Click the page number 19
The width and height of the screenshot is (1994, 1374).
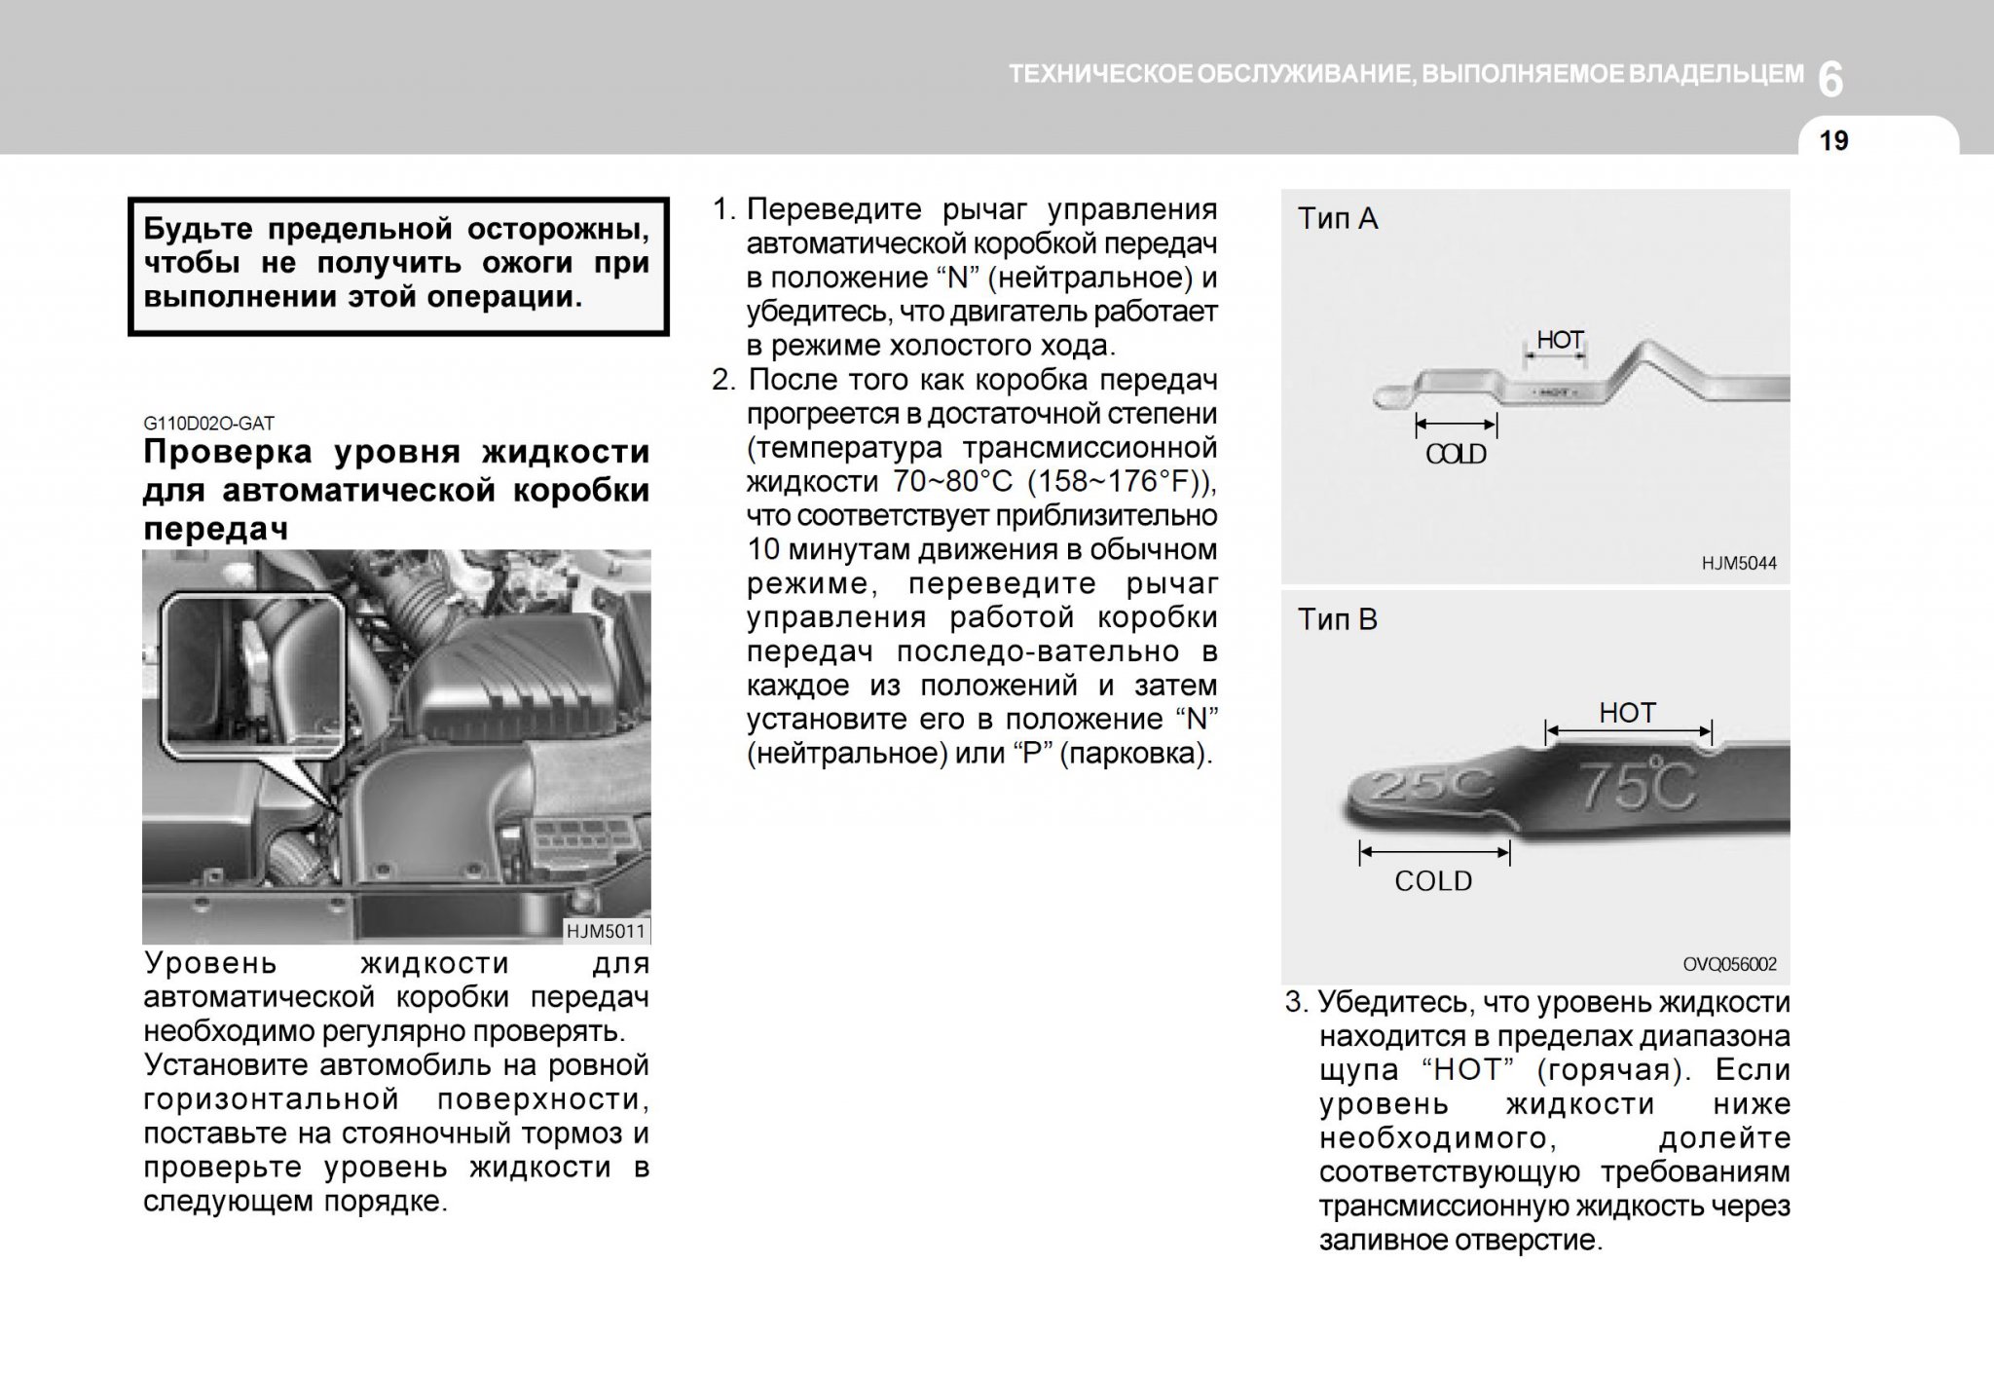click(x=1833, y=141)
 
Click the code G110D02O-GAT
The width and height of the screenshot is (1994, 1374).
click(x=208, y=424)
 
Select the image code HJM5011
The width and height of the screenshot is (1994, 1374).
click(x=606, y=931)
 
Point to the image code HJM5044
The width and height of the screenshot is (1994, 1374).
click(x=1739, y=563)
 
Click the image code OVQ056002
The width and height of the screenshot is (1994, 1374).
click(x=1730, y=964)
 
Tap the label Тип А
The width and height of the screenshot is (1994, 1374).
click(x=1337, y=219)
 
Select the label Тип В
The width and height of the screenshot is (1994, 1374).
click(x=1337, y=620)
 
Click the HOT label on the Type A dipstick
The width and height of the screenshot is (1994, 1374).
click(x=1560, y=340)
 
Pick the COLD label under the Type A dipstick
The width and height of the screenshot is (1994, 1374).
click(x=1456, y=455)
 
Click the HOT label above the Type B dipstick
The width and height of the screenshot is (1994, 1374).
click(x=1627, y=713)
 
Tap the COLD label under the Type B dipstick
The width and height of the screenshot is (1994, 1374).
click(x=1433, y=881)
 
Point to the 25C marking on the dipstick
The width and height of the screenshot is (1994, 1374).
click(x=1422, y=789)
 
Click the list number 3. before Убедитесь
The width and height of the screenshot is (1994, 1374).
click(x=1296, y=1002)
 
